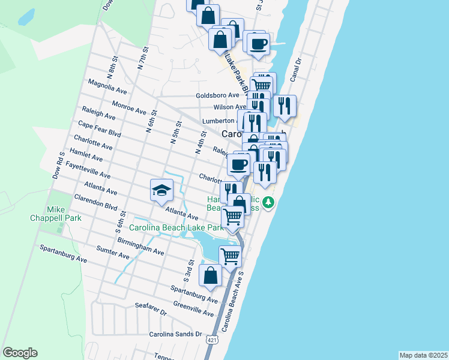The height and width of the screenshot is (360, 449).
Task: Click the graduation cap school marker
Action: click(x=161, y=191)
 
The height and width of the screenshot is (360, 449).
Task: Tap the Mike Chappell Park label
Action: click(x=64, y=214)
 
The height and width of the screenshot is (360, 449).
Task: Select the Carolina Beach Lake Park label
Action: click(x=176, y=227)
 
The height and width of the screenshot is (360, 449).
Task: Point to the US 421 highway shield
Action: click(x=211, y=340)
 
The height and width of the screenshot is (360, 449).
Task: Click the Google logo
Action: click(x=20, y=353)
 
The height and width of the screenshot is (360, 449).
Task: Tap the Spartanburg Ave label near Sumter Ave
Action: click(x=63, y=254)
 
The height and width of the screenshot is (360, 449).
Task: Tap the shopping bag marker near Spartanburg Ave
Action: click(x=211, y=276)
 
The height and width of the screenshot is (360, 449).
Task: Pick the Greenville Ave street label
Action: click(x=193, y=309)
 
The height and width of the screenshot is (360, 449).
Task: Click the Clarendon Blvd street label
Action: click(x=95, y=202)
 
